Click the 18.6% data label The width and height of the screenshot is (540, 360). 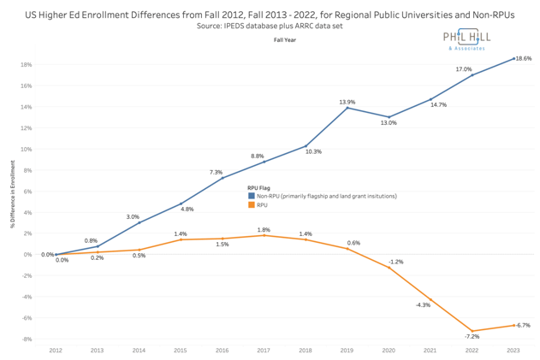(x=523, y=58)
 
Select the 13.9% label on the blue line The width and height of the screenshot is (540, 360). (x=347, y=103)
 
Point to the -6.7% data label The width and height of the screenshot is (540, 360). (x=523, y=325)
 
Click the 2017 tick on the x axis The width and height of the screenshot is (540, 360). (x=264, y=351)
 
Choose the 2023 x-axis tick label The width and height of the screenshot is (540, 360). (x=513, y=351)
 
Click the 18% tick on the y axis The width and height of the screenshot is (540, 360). (x=27, y=65)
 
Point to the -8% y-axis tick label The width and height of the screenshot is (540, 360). (x=27, y=339)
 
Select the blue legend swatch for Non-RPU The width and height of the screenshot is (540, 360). (x=251, y=196)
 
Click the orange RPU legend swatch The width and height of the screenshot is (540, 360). (x=251, y=204)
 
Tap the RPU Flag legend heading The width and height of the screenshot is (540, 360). (x=261, y=187)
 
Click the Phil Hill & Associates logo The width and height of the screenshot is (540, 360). (x=472, y=38)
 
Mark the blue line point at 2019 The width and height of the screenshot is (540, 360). (x=347, y=108)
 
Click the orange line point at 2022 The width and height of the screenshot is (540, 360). (x=472, y=331)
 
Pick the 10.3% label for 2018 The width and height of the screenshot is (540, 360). (x=313, y=151)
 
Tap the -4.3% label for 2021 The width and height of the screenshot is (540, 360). (x=423, y=305)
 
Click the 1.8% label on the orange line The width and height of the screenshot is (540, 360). (x=264, y=229)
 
